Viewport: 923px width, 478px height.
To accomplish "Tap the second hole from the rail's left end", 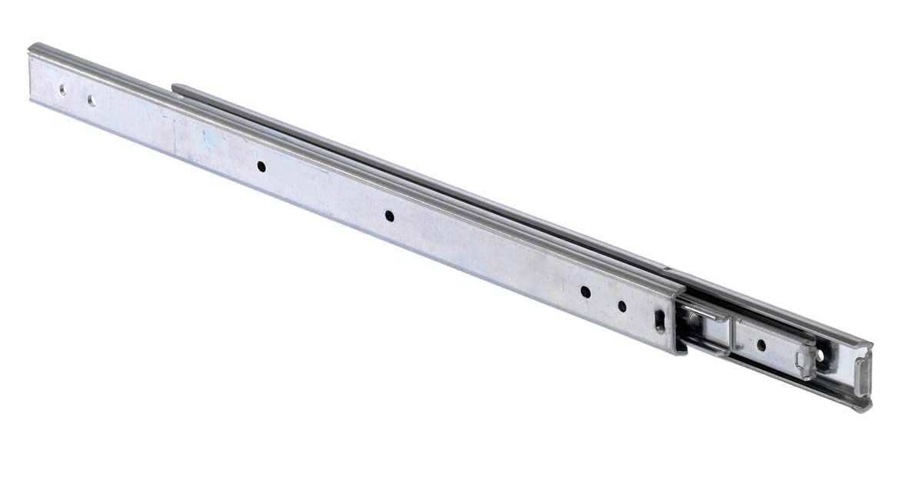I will point(91,99).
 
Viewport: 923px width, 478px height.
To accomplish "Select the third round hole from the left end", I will point(262,165).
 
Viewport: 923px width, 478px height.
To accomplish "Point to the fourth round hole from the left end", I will point(390,217).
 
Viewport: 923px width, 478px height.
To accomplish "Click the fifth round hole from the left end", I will point(585,292).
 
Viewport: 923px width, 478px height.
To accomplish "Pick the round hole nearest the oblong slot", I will point(622,306).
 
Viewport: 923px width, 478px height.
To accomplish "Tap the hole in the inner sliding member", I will point(762,346).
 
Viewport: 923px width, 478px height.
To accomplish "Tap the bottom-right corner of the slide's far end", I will point(867,408).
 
